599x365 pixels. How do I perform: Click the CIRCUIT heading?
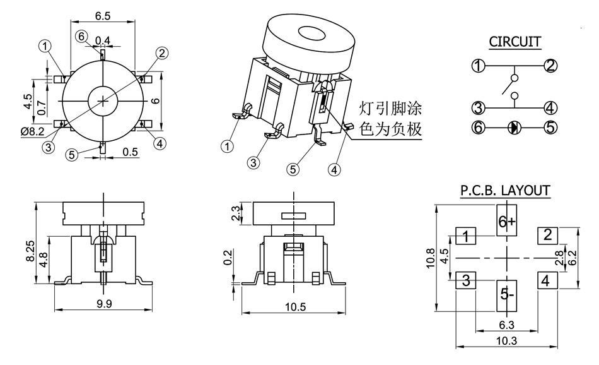515,42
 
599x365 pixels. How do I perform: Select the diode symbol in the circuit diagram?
515,127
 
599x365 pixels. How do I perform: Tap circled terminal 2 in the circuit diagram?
550,66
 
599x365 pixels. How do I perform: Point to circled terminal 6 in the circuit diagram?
479,127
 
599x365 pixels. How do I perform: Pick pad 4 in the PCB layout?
546,280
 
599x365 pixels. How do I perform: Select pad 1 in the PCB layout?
466,237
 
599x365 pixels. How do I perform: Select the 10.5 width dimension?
294,307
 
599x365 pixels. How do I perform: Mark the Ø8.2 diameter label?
32,131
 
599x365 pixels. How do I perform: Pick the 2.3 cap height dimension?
236,213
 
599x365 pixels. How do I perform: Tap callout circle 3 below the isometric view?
253,162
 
